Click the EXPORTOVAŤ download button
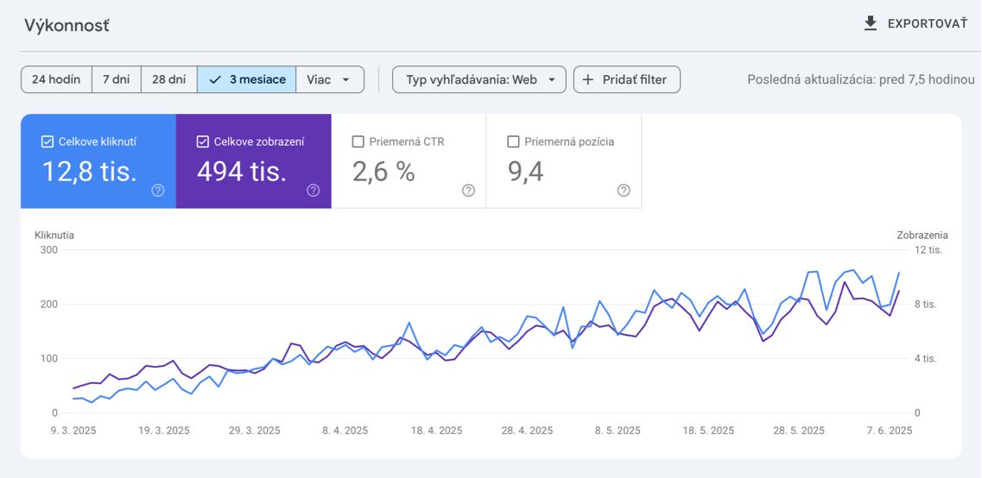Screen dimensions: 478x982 [x=915, y=24]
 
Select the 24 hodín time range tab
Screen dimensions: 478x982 [x=56, y=79]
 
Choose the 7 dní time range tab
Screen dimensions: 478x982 [x=116, y=79]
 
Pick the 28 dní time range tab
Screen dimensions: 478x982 [x=168, y=79]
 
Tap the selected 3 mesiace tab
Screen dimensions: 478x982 [x=247, y=79]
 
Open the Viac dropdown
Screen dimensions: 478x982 [x=329, y=79]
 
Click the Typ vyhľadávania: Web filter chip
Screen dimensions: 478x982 [x=479, y=79]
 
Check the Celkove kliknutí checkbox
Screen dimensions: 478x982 [x=48, y=142]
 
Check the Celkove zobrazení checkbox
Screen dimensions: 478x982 [x=203, y=142]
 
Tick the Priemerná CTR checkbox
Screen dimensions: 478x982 [x=358, y=142]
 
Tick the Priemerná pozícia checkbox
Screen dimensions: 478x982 [x=513, y=142]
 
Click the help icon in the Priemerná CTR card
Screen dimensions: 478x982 [x=468, y=191]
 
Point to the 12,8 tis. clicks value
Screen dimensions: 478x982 [x=90, y=172]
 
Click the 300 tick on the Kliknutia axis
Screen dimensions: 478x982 [x=48, y=250]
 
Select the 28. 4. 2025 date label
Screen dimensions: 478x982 [x=527, y=431]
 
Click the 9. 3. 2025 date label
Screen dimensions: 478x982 [x=73, y=431]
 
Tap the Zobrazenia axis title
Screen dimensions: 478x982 [x=922, y=235]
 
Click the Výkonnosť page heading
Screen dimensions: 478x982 [x=67, y=25]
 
